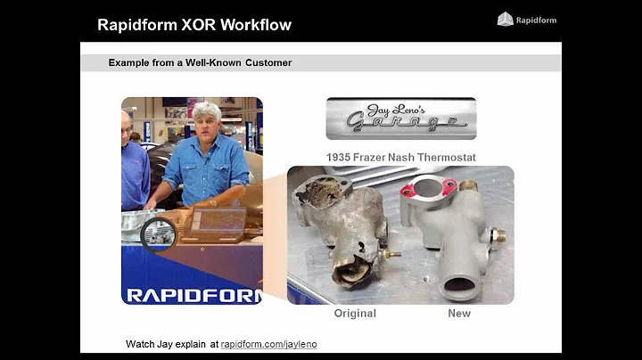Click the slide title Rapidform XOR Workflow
194,24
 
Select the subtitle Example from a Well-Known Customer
200,63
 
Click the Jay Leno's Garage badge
400,119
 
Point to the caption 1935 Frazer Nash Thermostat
400,158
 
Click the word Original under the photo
355,314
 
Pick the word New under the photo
459,314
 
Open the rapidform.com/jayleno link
268,344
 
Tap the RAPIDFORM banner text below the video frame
193,295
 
